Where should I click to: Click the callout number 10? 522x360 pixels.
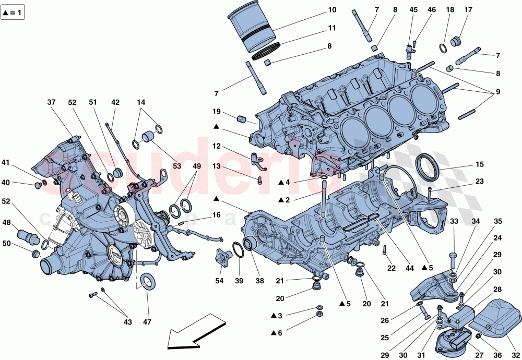click(332, 10)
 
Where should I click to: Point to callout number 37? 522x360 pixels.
click(51, 102)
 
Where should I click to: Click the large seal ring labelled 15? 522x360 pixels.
click(426, 166)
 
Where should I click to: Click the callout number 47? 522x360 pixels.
click(147, 322)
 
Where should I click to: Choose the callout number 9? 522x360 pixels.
click(497, 92)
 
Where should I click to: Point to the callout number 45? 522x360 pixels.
click(413, 10)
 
